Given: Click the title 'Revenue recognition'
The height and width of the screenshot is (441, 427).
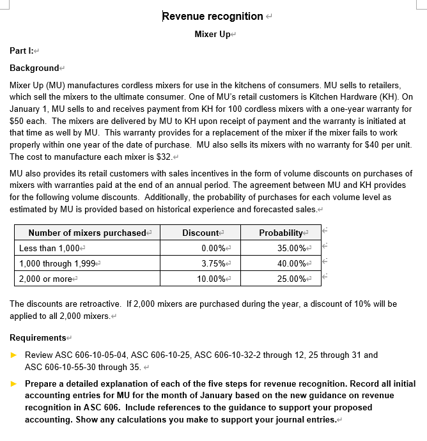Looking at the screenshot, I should (212, 16).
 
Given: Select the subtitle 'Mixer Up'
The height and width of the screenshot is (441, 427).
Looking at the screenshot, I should (212, 34).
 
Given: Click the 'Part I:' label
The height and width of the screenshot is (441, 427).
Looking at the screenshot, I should (22, 50).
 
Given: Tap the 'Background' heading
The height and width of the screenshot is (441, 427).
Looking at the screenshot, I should (35, 68).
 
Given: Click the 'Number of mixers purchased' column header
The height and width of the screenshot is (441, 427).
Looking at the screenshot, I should (87, 233).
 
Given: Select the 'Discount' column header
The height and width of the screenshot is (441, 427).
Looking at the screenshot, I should (201, 233).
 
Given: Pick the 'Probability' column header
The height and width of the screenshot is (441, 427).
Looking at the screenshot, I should (281, 233).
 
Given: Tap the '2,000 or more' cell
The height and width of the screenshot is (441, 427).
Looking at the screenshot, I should (45, 279).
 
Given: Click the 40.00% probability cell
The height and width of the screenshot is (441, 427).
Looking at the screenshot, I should (292, 263).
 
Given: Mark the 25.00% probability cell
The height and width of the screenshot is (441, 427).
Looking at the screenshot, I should (292, 279).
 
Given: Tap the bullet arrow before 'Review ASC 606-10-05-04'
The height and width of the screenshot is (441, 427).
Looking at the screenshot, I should (15, 355).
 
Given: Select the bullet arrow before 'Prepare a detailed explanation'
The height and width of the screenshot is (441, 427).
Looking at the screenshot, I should (15, 384).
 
